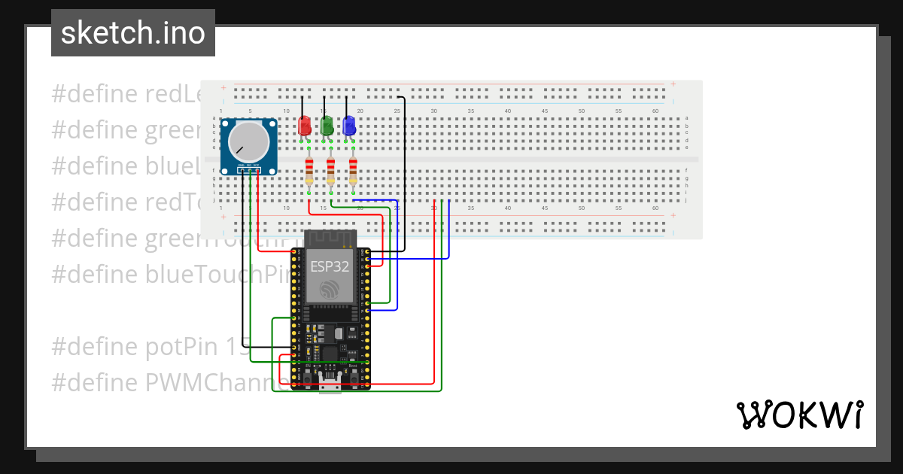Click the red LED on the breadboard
click(x=304, y=126)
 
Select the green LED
click(x=327, y=126)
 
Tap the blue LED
click(x=349, y=126)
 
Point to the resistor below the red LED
click(x=309, y=172)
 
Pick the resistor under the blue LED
click(x=353, y=172)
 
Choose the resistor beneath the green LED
click(x=330, y=172)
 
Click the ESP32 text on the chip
click(x=330, y=266)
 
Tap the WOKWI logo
click(x=798, y=415)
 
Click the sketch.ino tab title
click(x=133, y=33)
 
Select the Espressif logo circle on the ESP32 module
click(x=330, y=290)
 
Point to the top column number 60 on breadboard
click(x=655, y=111)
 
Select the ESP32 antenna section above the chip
click(x=330, y=239)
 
